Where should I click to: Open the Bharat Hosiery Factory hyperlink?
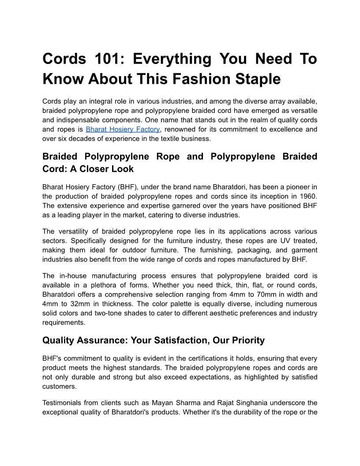pos(123,129)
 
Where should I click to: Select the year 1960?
pos(307,196)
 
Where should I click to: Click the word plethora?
pos(110,285)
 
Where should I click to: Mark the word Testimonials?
pos(64,403)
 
